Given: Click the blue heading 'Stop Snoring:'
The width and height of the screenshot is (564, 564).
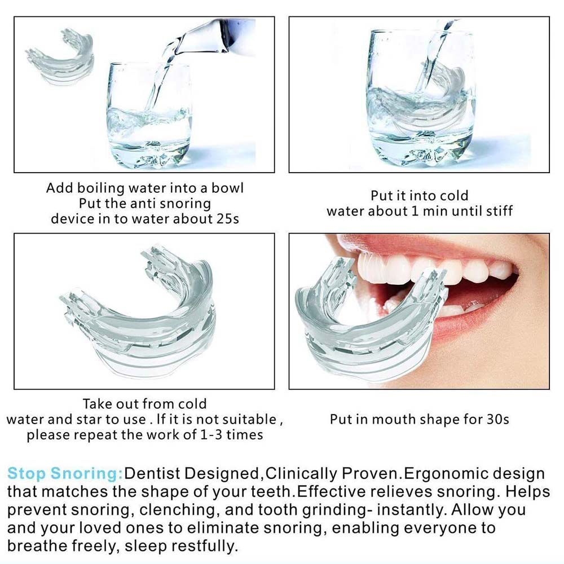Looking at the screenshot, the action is pyautogui.click(x=65, y=473).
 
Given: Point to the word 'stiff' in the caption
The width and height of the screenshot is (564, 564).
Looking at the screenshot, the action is pyautogui.click(x=499, y=210).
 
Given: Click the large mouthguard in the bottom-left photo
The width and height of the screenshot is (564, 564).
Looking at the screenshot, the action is pyautogui.click(x=140, y=316).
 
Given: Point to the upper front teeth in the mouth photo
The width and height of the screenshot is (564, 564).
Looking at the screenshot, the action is pyautogui.click(x=425, y=268).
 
